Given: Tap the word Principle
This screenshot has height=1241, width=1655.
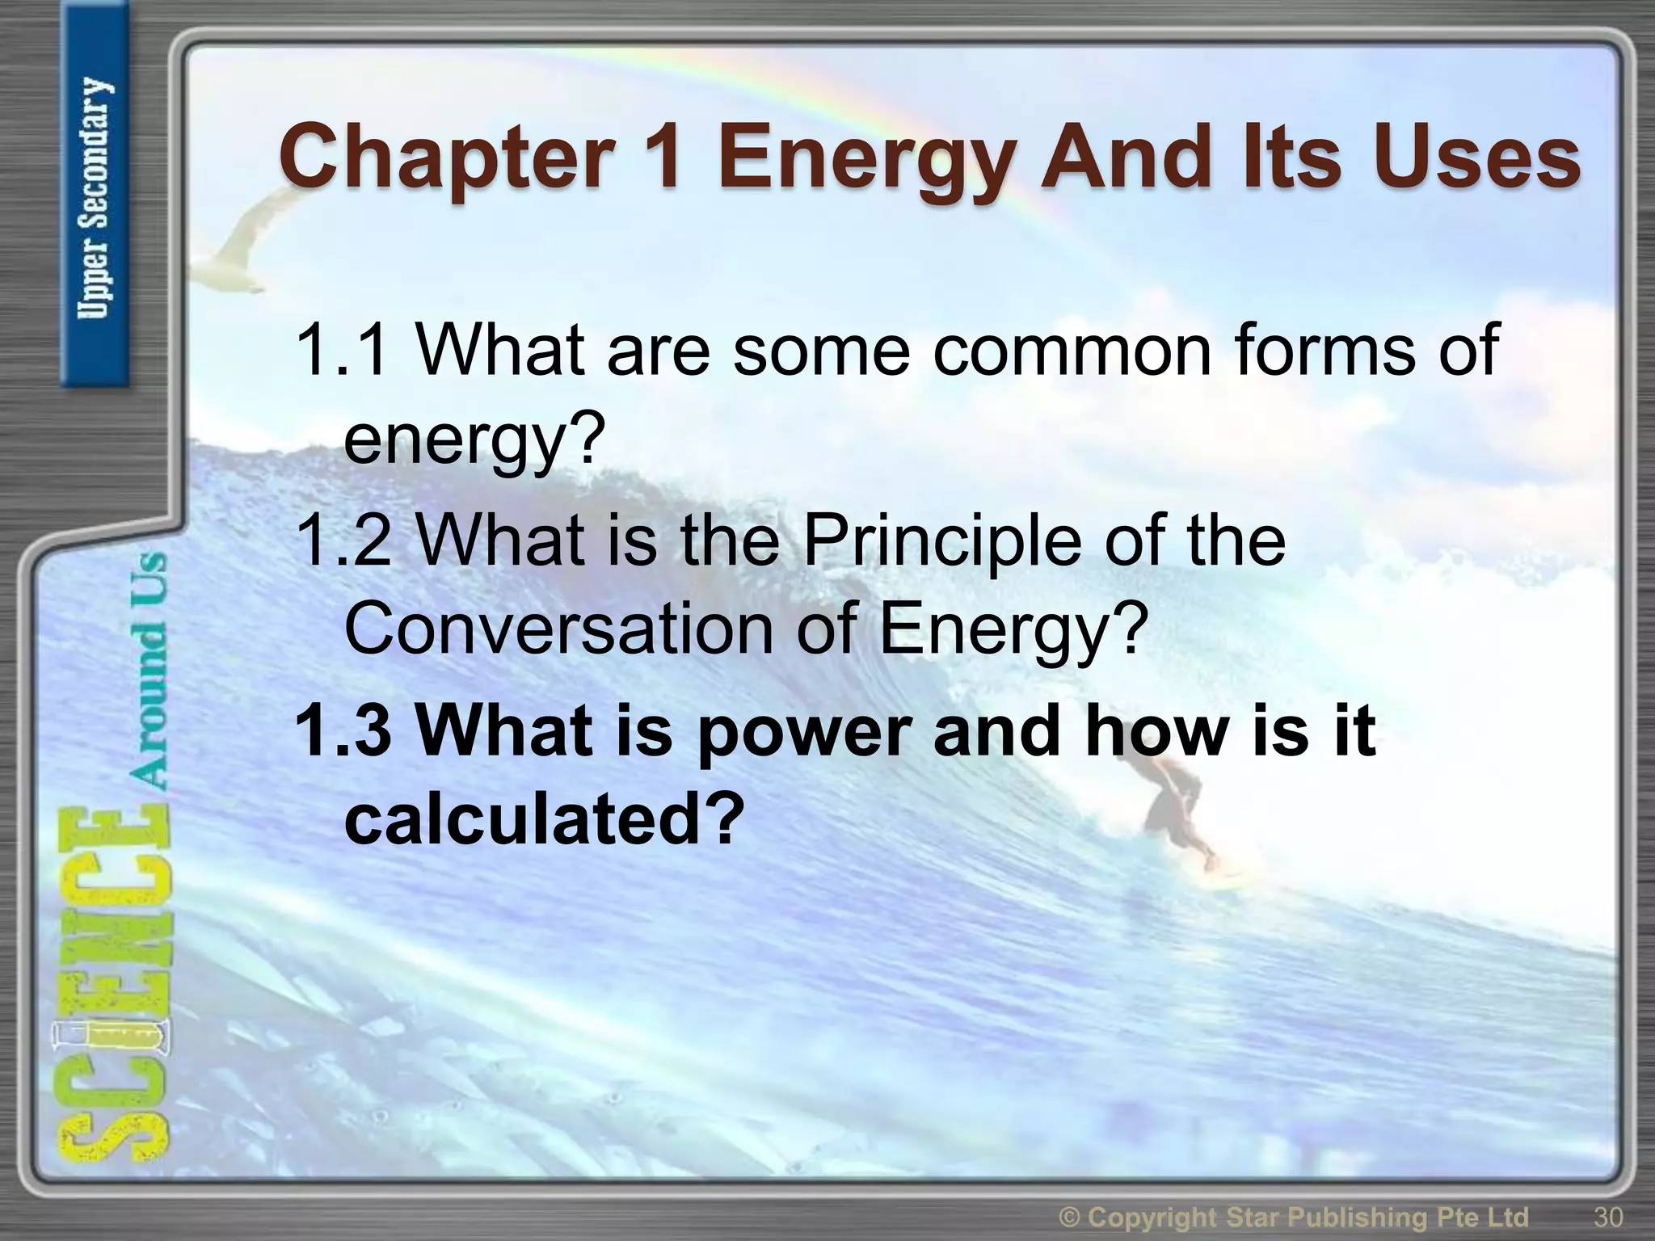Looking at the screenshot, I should (941, 541).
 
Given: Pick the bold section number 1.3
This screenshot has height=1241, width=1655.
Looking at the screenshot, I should (343, 730).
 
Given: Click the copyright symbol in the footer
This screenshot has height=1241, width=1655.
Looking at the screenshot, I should (1072, 1216).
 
